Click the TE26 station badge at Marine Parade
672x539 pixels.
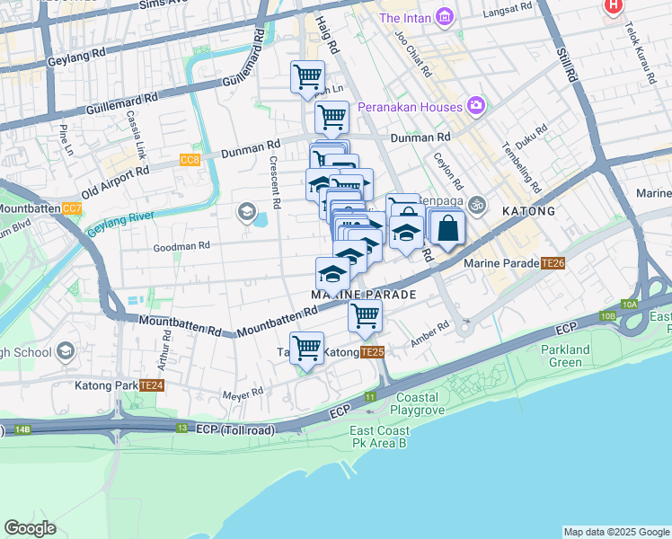[x=553, y=263]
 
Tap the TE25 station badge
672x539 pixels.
[x=373, y=353]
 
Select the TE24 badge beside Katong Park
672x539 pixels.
[x=152, y=385]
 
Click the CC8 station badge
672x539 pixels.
[x=190, y=160]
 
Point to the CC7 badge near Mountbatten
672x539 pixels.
[x=73, y=208]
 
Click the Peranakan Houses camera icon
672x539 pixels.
[x=476, y=107]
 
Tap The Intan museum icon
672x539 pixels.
[x=444, y=17]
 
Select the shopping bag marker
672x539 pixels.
[x=447, y=228]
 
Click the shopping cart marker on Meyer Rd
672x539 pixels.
[x=307, y=349]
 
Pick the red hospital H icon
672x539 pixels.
[x=614, y=5]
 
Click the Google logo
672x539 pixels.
[x=31, y=527]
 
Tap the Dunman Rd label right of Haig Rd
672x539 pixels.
[x=420, y=137]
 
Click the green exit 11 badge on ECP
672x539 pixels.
[x=370, y=396]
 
